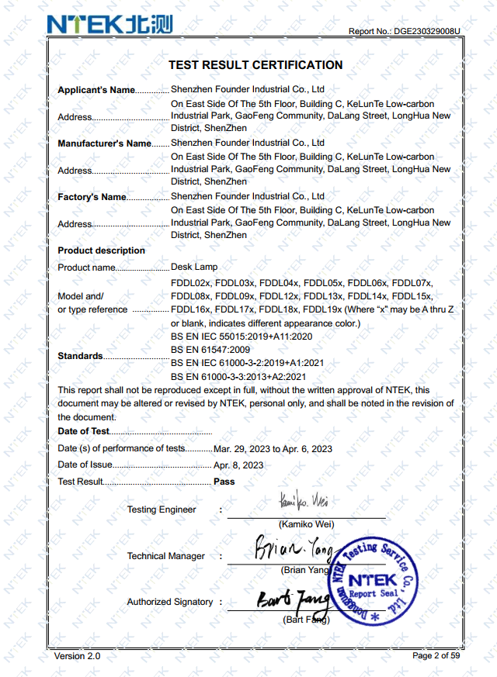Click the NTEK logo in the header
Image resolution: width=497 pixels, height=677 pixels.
109,24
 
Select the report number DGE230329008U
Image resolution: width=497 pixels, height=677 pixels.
426,32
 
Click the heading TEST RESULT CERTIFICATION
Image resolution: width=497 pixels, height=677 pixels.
255,65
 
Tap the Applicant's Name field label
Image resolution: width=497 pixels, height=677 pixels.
96,90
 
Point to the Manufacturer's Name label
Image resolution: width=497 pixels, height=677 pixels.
104,143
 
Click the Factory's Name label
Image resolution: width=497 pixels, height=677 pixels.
92,197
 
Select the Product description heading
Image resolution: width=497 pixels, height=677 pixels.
101,250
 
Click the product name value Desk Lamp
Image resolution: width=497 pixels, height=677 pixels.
194,267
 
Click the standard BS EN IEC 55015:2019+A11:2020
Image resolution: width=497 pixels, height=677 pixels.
241,337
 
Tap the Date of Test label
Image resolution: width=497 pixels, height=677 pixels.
84,431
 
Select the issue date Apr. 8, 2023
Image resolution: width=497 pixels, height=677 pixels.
238,465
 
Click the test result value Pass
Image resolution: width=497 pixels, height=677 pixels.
224,482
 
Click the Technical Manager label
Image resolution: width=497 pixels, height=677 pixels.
166,556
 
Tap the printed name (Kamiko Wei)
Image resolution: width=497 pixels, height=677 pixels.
306,524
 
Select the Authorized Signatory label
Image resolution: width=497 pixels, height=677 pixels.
169,602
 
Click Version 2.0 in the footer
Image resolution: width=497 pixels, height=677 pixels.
77,656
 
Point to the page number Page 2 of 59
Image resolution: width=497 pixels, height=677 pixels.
436,656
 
